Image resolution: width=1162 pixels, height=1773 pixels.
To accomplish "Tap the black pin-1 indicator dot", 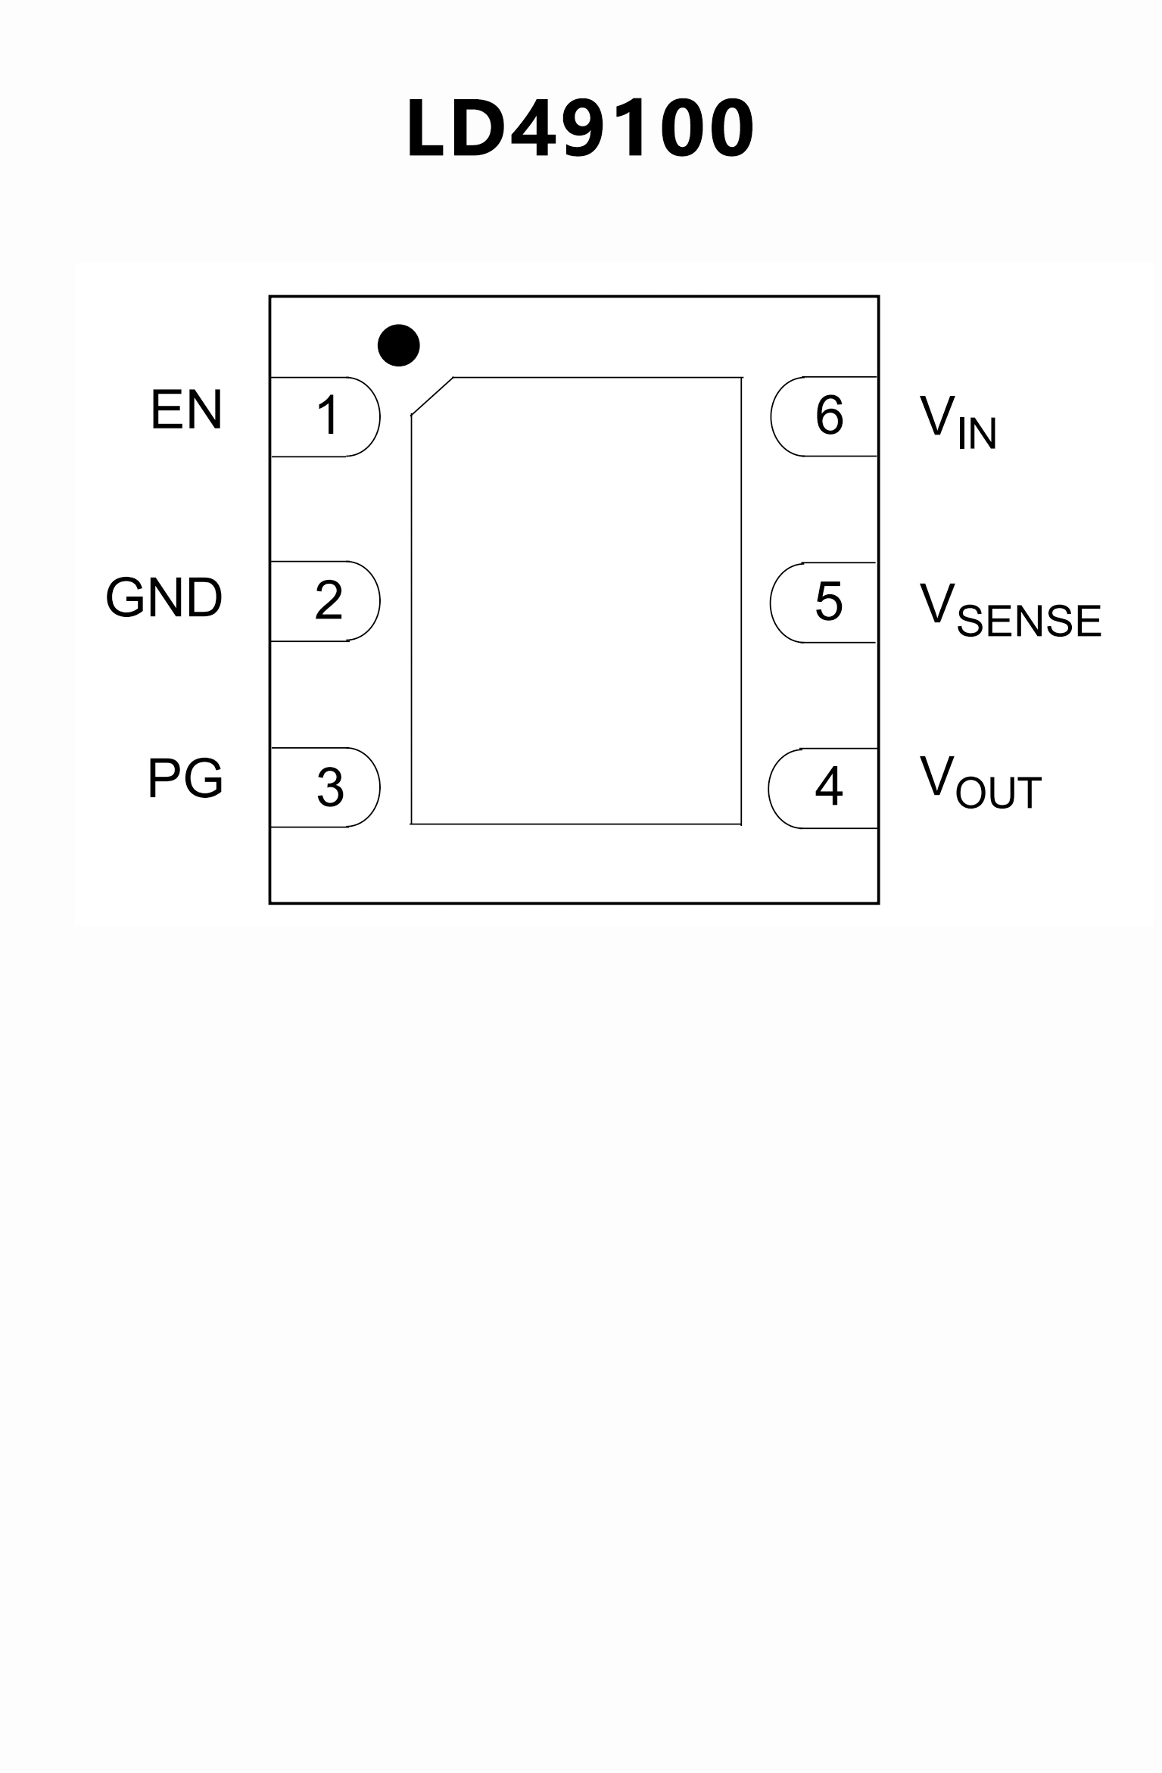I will point(398,345).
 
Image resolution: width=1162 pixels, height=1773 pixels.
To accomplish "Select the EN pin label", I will point(186,410).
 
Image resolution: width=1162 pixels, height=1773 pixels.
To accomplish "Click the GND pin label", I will point(164,598).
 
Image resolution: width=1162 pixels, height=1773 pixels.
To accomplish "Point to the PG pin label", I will point(185,778).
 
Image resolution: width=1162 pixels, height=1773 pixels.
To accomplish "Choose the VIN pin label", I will point(958,421).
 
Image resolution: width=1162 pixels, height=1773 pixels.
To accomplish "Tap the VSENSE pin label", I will point(1010,609).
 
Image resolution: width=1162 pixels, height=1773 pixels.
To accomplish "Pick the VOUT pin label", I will point(980,782).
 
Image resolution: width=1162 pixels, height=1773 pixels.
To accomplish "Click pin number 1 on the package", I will point(328,416).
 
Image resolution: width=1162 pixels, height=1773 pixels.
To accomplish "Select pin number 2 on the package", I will point(329,601).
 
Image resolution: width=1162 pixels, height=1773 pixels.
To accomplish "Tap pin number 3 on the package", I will point(330,787).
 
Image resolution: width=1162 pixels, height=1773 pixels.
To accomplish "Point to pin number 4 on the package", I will point(829,787).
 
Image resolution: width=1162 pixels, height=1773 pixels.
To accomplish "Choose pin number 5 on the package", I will point(829,602).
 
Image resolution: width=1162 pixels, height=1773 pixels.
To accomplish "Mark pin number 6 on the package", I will point(829,416).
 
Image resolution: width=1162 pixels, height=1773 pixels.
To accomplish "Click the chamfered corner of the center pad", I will point(431,396).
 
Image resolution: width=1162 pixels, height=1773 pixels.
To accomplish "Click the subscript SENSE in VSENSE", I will point(1028,621).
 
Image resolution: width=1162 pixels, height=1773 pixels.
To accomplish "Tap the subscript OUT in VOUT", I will point(998,793).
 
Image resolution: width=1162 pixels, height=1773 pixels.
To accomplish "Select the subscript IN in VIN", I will point(977,434).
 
